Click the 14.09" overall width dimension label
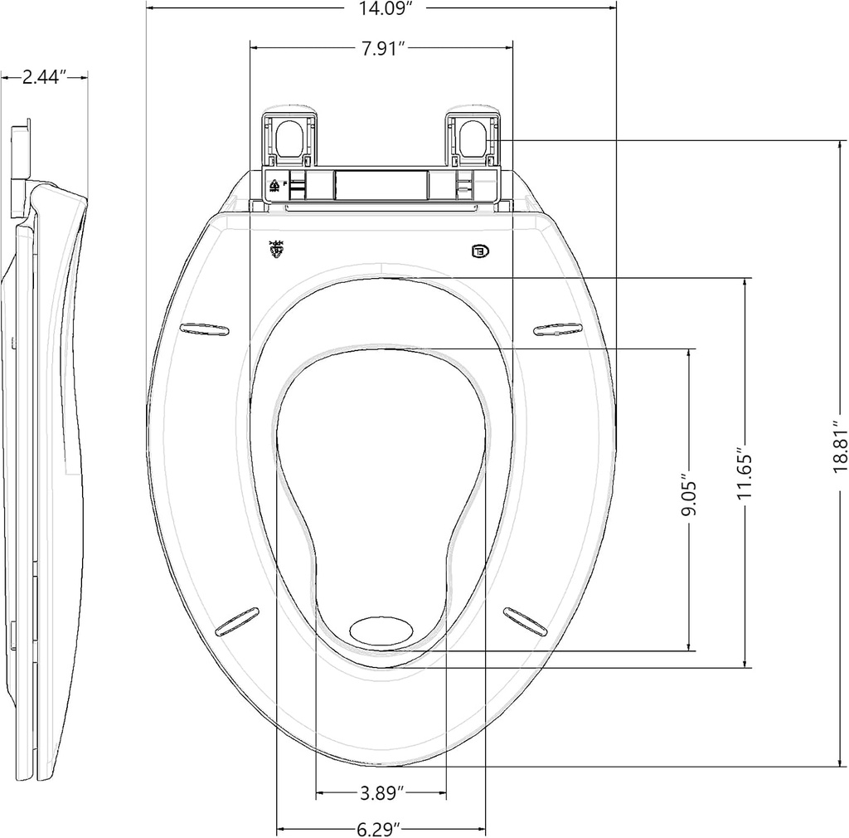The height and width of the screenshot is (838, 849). point(381,10)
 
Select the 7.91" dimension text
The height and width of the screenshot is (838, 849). point(381,48)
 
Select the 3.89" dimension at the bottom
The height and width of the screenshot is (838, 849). point(381,793)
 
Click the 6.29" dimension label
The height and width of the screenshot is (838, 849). point(380,828)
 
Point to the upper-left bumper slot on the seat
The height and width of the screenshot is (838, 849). point(205,329)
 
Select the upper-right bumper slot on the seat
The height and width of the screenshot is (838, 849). point(557,330)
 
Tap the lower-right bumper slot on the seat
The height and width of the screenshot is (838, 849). point(526,621)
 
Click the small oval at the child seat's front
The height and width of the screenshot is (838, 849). point(381,630)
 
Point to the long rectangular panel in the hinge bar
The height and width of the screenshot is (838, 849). point(381,184)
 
